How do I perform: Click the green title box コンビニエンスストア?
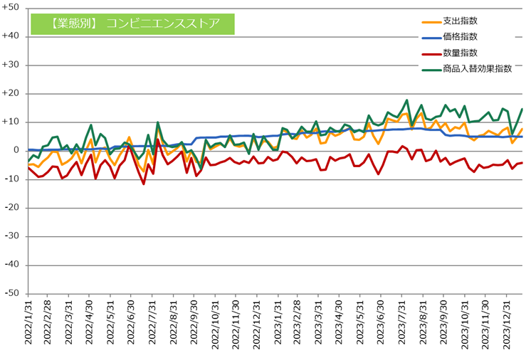(132, 23)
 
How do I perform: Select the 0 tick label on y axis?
(16, 150)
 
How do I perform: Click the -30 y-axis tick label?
(13, 236)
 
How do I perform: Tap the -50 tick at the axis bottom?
(13, 293)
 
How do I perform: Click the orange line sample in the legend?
(428, 21)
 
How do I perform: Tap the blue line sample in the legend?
(428, 37)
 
